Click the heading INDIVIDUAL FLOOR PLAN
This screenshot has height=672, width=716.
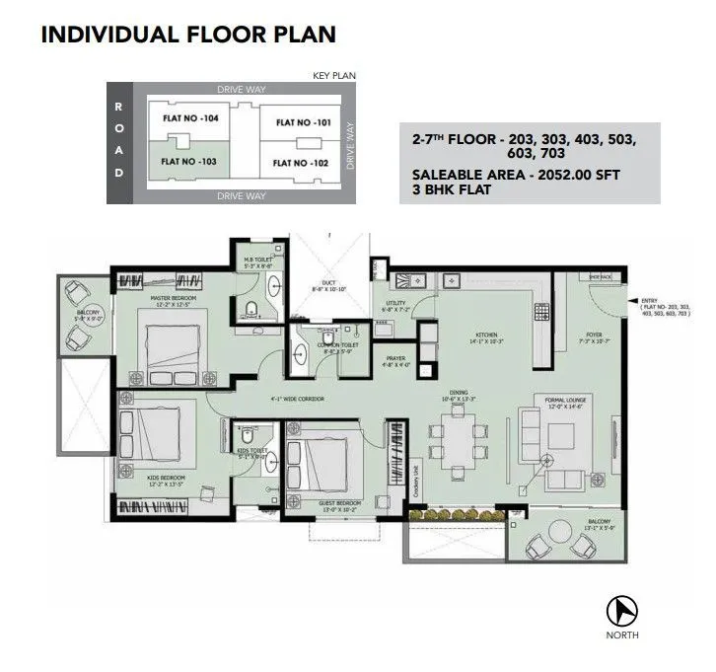187,35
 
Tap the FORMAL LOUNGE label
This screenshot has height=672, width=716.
566,400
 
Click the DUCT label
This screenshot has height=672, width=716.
329,283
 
